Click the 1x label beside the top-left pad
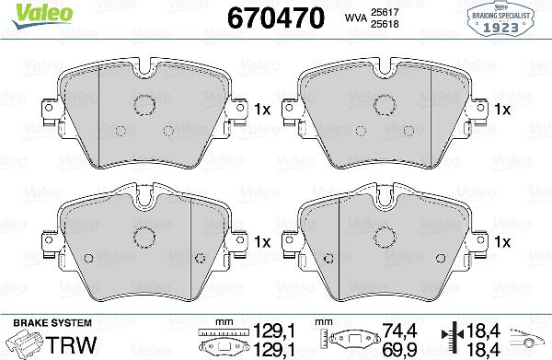tap(261, 110)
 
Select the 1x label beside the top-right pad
tap(502, 110)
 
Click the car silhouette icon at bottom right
tap(526, 338)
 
